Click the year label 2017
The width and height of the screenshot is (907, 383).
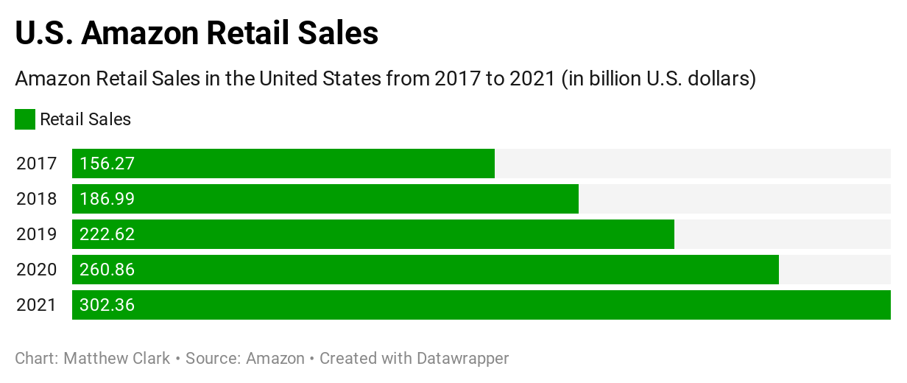[x=36, y=164]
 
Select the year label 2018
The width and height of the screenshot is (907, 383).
[x=36, y=199]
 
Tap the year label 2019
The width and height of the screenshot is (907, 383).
[x=36, y=234]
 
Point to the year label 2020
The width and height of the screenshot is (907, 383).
[x=36, y=270]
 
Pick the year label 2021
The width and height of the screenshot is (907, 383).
[x=36, y=305]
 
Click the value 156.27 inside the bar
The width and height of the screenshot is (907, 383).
[x=107, y=164]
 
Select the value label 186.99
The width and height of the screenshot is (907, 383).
[x=107, y=199]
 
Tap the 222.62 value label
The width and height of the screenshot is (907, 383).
[x=107, y=234]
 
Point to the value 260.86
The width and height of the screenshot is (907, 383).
[x=107, y=270]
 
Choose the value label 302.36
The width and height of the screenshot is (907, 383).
[x=107, y=305]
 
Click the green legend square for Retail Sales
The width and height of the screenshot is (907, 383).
[x=25, y=119]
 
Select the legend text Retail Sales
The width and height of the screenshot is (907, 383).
[x=85, y=119]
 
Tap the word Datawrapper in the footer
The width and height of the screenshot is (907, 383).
[x=462, y=359]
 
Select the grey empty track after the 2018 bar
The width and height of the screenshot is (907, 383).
[x=734, y=199]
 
